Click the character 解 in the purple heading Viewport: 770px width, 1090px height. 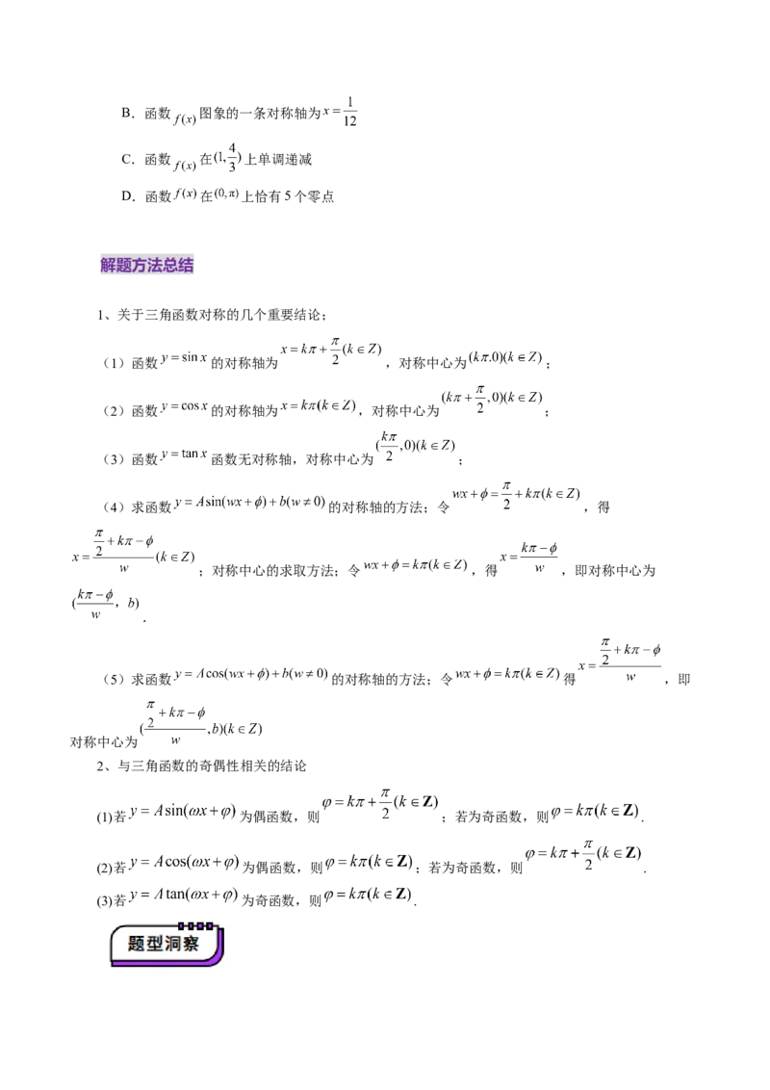point(108,266)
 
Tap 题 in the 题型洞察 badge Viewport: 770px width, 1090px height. point(136,945)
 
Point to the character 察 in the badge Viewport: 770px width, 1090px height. point(191,945)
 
